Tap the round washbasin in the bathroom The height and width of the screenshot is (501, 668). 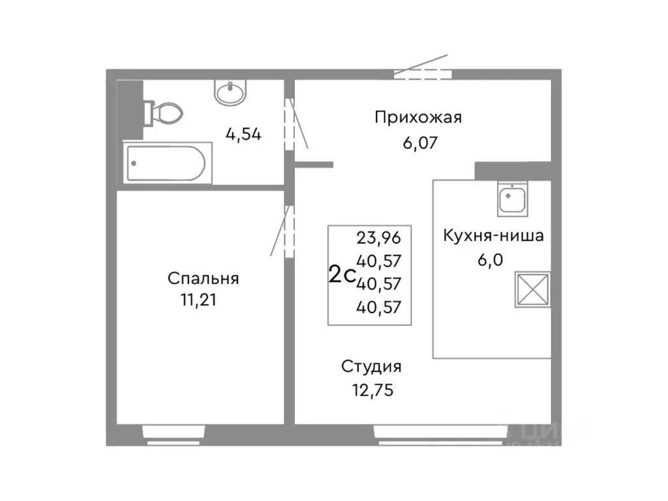point(230,92)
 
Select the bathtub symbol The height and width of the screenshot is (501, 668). point(166,163)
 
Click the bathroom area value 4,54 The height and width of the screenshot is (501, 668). point(243,134)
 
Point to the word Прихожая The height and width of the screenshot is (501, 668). point(418,117)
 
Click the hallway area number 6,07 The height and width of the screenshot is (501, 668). point(418,144)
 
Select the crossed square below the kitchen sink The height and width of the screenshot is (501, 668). point(532,289)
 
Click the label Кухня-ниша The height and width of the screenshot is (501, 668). point(493,235)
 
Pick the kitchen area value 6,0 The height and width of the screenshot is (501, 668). point(493,259)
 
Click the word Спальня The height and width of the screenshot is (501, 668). point(204,279)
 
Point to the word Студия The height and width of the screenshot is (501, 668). point(371,367)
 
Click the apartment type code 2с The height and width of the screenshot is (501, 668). point(341,275)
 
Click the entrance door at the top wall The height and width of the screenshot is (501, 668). point(422,73)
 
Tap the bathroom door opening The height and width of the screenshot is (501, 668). point(290,124)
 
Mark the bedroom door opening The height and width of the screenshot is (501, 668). point(289,231)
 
